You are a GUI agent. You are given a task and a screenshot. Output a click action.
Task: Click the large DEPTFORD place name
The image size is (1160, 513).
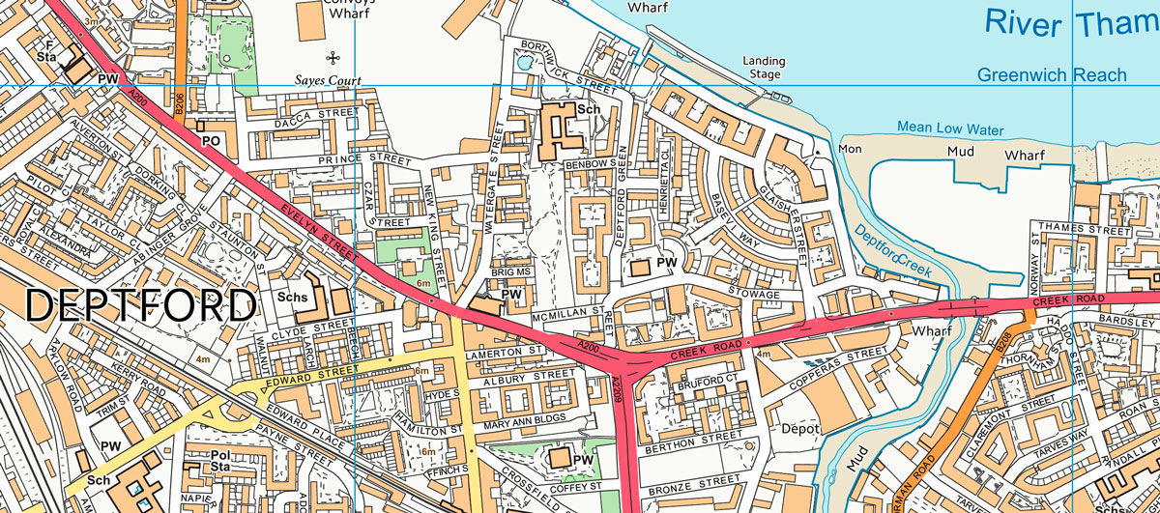click(141, 307)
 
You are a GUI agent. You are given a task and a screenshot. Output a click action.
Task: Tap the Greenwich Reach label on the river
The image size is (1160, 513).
click(1052, 74)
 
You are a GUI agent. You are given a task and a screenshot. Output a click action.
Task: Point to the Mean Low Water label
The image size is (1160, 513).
click(950, 128)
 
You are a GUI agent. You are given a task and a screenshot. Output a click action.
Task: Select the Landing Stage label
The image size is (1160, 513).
click(763, 68)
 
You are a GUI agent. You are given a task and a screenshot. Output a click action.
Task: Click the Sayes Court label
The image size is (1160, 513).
click(329, 80)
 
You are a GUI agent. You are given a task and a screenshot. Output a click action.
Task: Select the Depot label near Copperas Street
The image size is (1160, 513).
click(798, 428)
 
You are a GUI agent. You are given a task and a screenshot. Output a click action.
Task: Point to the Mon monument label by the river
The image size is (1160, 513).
click(849, 149)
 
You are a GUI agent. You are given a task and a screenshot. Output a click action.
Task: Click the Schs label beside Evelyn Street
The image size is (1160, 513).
click(292, 299)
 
